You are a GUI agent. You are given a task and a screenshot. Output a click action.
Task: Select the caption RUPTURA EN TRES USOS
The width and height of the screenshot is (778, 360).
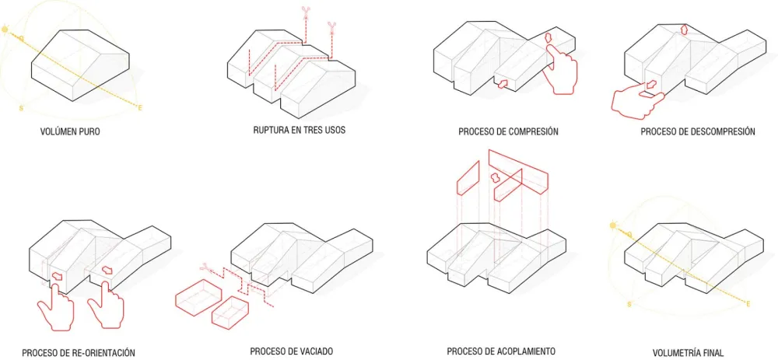coord(300,131)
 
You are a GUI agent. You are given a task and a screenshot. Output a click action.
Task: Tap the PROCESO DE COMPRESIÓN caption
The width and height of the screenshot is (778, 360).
coord(508,132)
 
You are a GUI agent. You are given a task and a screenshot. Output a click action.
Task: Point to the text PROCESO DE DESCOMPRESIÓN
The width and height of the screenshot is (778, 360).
coord(698,132)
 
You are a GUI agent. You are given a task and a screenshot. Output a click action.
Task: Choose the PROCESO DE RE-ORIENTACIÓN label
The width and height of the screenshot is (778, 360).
coord(79,352)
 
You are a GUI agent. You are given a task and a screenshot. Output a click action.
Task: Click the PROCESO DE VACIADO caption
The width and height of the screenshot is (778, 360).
coord(291,351)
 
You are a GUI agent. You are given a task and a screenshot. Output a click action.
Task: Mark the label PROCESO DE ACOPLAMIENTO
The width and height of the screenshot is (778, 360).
coord(501,351)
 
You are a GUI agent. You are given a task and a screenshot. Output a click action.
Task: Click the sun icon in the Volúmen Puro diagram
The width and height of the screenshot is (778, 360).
coord(6,30)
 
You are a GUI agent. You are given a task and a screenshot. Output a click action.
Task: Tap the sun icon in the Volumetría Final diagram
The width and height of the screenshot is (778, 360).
coord(613,225)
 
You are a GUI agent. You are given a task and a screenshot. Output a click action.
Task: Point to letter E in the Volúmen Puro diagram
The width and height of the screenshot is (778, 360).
coord(139,107)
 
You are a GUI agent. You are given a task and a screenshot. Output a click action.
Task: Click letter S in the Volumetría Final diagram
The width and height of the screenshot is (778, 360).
coord(629,304)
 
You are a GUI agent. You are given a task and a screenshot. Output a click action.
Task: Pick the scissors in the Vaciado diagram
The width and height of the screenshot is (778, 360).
coord(205,268)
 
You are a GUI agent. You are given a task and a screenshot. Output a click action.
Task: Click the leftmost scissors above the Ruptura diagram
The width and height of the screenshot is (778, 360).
coord(305,12)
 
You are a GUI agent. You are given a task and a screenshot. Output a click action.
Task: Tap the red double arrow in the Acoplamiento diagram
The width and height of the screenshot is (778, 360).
coord(494,177)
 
